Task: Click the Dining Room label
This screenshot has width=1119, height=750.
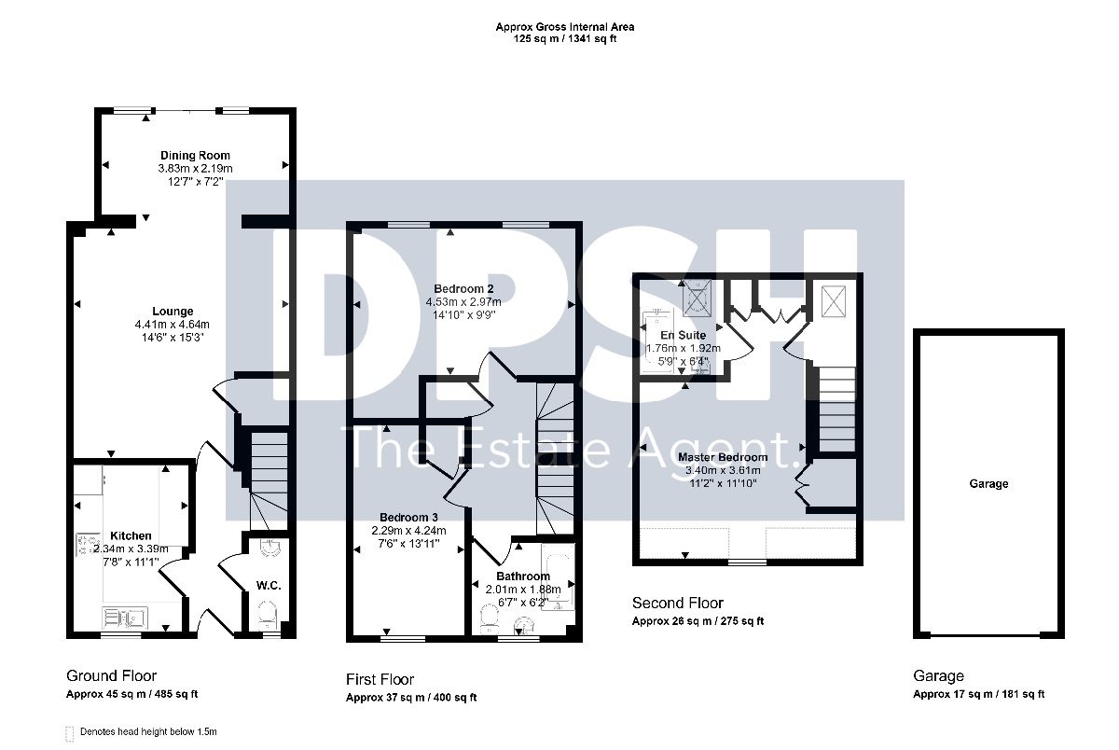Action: coord(195,156)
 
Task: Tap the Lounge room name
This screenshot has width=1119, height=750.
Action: coord(173,312)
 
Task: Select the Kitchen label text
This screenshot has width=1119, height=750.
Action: coord(131,535)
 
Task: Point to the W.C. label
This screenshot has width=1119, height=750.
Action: coord(269,586)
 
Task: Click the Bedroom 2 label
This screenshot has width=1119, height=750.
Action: coord(463,289)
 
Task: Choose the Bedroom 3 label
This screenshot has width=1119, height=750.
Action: coord(408,517)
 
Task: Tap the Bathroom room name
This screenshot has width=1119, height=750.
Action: coord(523,576)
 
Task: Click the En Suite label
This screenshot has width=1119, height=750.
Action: coord(684,335)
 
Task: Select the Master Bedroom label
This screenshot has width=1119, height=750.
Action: coord(723,457)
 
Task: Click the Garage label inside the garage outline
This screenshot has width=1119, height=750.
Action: coord(988,484)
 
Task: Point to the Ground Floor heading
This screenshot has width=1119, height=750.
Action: coord(111,676)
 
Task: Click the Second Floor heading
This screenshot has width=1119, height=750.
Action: coord(678,604)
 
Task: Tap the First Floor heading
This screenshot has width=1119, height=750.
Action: coord(380,679)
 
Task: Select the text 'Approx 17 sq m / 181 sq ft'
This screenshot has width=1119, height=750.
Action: coord(978,694)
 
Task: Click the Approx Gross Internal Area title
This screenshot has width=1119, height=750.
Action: coord(565,27)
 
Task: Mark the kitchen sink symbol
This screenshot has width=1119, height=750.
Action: coord(125,618)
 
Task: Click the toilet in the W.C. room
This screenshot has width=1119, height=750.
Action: coord(268,614)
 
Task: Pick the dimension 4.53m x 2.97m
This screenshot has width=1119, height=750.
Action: coord(463,302)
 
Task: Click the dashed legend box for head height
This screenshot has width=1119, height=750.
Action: coord(69,733)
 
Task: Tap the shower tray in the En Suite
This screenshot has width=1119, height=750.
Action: coord(697,299)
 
